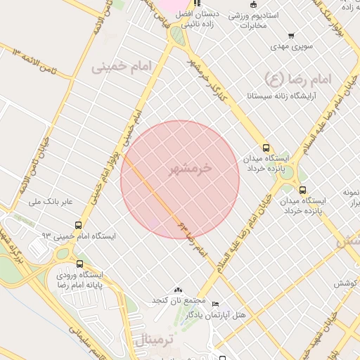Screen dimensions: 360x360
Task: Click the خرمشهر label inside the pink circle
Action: click(x=191, y=169)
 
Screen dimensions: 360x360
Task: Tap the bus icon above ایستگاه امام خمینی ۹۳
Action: click(x=78, y=226)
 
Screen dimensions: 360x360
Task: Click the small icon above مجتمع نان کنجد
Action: click(x=177, y=290)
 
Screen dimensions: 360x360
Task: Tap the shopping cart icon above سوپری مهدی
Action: click(x=291, y=36)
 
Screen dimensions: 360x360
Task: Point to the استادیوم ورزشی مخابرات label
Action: click(x=254, y=20)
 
